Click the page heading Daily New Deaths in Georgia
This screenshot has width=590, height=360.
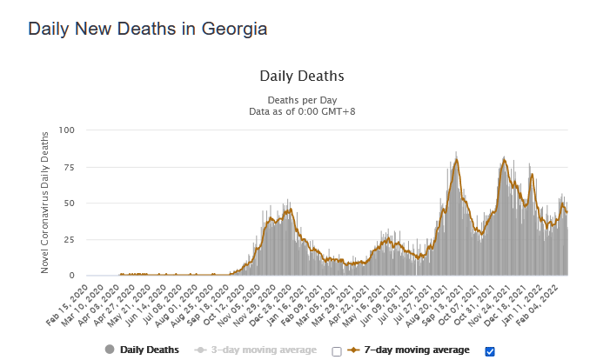(x=147, y=29)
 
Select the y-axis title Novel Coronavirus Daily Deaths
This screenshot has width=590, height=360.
(x=45, y=203)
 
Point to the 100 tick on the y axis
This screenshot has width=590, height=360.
(x=67, y=130)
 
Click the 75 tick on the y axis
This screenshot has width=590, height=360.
(x=70, y=167)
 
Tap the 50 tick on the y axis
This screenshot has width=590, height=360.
(x=70, y=203)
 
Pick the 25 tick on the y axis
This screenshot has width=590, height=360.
(x=70, y=240)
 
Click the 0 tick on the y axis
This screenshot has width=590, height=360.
(x=72, y=276)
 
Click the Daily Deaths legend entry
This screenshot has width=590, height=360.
(x=142, y=350)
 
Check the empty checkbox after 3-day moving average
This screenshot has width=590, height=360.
(x=337, y=351)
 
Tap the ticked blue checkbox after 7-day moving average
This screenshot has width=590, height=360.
(x=489, y=351)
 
